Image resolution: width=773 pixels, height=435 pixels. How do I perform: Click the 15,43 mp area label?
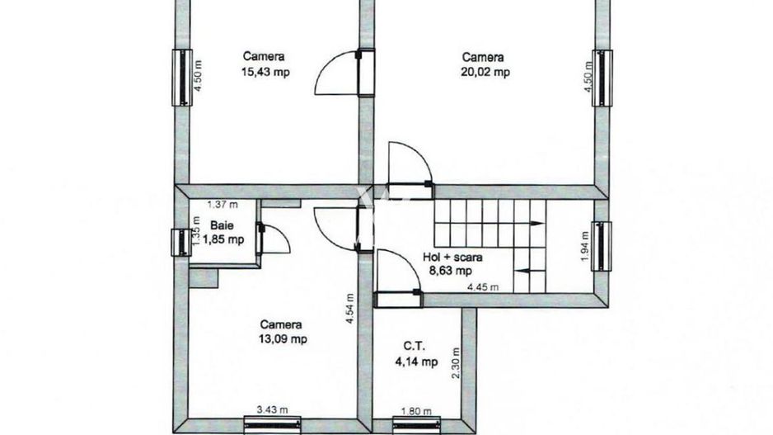click(x=265, y=72)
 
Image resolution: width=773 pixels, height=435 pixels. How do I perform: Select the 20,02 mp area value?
click(x=485, y=72)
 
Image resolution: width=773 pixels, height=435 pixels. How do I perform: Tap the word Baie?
click(x=220, y=225)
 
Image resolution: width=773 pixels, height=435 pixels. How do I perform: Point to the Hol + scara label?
click(x=452, y=257)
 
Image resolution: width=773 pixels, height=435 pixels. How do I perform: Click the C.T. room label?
click(x=415, y=347)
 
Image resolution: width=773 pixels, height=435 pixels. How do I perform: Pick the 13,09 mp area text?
click(x=283, y=339)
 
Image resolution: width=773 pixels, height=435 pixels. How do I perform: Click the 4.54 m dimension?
click(x=349, y=310)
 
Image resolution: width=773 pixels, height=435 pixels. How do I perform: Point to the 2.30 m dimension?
click(x=456, y=363)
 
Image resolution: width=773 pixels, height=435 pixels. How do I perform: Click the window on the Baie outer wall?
click(x=179, y=244)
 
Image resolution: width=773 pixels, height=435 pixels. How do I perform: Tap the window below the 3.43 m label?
click(x=273, y=422)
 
